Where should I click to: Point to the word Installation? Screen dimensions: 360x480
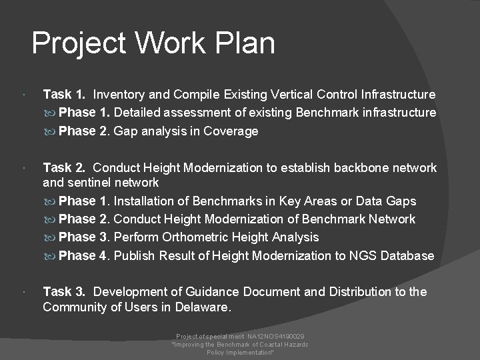point(151,201)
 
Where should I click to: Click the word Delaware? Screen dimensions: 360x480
point(201,307)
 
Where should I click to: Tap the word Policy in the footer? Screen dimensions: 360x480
point(215,351)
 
